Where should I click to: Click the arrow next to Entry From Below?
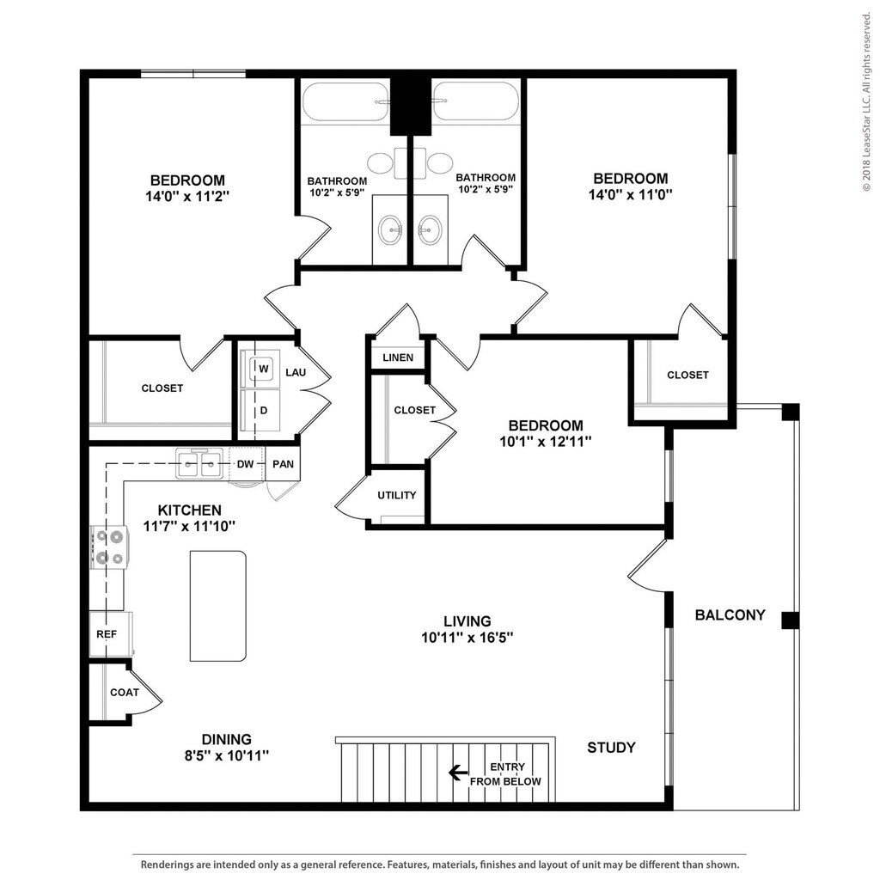pyautogui.click(x=458, y=773)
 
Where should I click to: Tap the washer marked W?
pyautogui.click(x=260, y=369)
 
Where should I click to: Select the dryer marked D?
pyautogui.click(x=260, y=410)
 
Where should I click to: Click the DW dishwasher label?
pyautogui.click(x=245, y=464)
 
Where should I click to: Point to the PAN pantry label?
pyautogui.click(x=283, y=464)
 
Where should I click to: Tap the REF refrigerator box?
pyautogui.click(x=111, y=633)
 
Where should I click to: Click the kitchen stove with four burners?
pyautogui.click(x=109, y=547)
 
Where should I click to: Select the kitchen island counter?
pyautogui.click(x=217, y=606)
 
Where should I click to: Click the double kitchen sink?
pyautogui.click(x=199, y=463)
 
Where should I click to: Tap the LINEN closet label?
pyautogui.click(x=398, y=357)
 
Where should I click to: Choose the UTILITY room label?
pyautogui.click(x=397, y=495)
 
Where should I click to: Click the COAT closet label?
pyautogui.click(x=125, y=693)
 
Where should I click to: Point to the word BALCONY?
pyautogui.click(x=730, y=615)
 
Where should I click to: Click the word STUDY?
pyautogui.click(x=611, y=748)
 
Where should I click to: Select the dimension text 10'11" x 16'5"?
pyautogui.click(x=467, y=638)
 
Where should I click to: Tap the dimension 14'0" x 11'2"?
pyautogui.click(x=187, y=197)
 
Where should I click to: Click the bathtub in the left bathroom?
pyautogui.click(x=345, y=101)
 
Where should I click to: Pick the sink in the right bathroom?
pyautogui.click(x=431, y=229)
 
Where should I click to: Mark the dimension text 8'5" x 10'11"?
pyautogui.click(x=227, y=755)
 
